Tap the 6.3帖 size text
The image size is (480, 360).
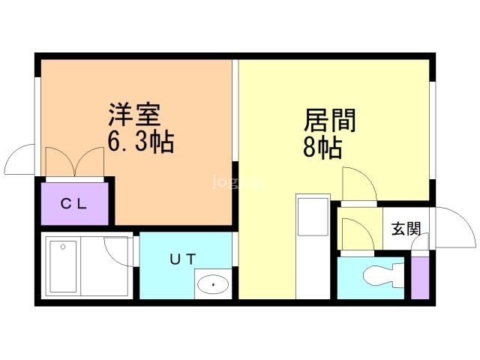pyautogui.click(x=140, y=141)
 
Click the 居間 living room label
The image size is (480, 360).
pyautogui.click(x=329, y=121)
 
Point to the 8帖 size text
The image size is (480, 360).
pyautogui.click(x=322, y=148)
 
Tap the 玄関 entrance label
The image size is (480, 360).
pyautogui.click(x=406, y=229)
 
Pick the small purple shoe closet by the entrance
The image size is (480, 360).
pyautogui.click(x=419, y=277)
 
